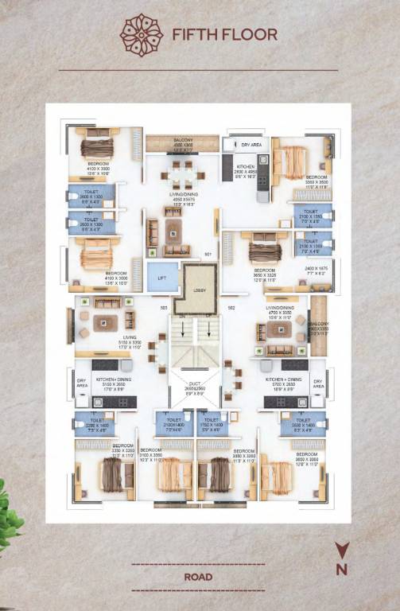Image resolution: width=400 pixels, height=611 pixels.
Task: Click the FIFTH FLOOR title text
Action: pyautogui.click(x=224, y=34)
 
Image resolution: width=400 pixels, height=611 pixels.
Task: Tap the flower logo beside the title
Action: pyautogui.click(x=141, y=34)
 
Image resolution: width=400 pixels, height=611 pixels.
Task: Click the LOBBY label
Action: pyautogui.click(x=200, y=290)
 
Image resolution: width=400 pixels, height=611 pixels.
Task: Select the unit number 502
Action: pyautogui.click(x=231, y=307)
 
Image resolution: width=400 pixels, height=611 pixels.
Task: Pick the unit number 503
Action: pyautogui.click(x=162, y=307)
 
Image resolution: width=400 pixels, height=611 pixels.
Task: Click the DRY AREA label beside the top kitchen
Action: pyautogui.click(x=251, y=146)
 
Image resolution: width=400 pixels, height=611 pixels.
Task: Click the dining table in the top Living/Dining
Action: pyautogui.click(x=182, y=172)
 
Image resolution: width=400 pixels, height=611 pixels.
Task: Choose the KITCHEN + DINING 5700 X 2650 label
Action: pyautogui.click(x=284, y=384)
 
